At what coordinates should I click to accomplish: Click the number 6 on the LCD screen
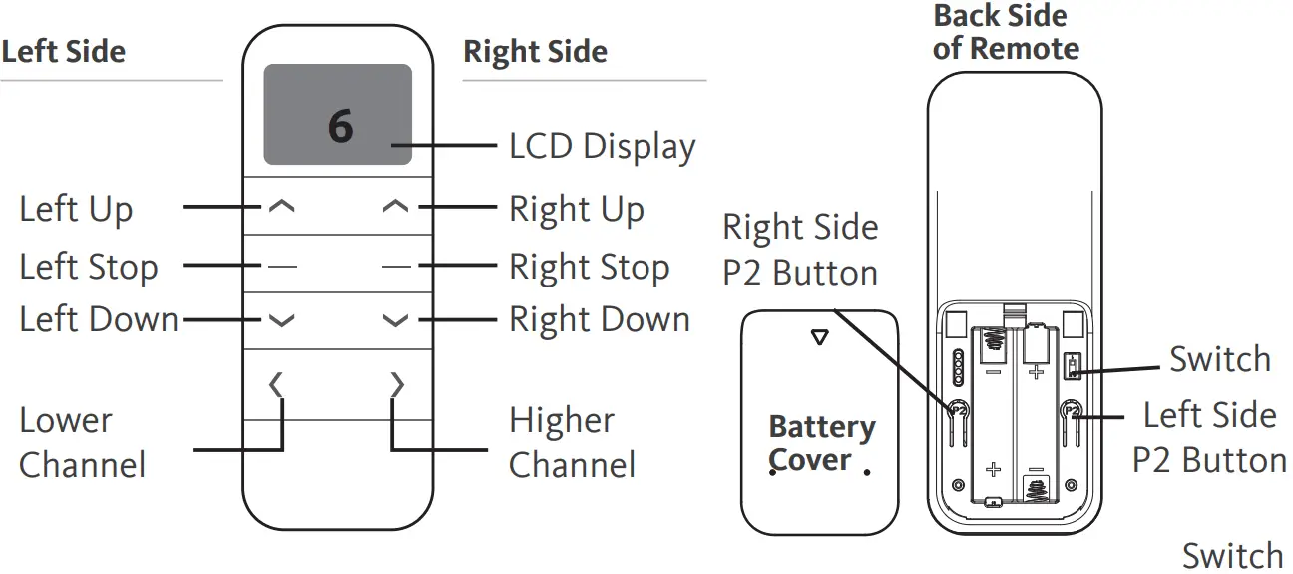[x=341, y=127]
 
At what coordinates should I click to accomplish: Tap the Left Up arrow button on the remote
[x=282, y=207]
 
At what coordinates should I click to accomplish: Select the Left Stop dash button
[x=282, y=266]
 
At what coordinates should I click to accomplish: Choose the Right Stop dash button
[x=395, y=266]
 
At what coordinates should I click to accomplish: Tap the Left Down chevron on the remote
[x=282, y=320]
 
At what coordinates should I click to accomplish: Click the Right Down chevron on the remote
[x=395, y=320]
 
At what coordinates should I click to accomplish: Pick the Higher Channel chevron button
[x=397, y=384]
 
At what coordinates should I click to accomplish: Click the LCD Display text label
[x=602, y=146]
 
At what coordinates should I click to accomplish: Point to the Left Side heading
[x=64, y=52]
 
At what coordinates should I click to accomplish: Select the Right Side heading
[x=535, y=52]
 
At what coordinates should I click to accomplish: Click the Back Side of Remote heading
[x=1006, y=32]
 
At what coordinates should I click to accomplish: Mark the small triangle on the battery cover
[x=820, y=338]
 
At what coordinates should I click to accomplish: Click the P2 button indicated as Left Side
[x=1073, y=409]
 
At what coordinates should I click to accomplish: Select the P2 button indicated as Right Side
[x=956, y=409]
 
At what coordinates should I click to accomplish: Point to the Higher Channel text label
[x=572, y=442]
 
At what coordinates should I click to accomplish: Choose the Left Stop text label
[x=89, y=267]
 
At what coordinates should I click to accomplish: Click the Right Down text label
[x=600, y=320]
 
